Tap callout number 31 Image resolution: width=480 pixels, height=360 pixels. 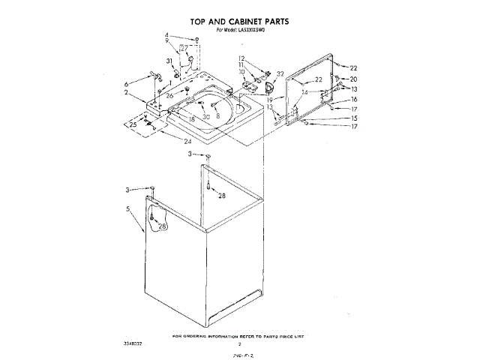tap(169, 61)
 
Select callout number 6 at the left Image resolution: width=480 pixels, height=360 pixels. tap(126, 83)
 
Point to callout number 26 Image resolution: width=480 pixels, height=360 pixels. tap(170, 95)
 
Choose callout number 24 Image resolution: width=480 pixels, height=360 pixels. tap(187, 141)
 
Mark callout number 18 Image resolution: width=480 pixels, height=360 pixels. tap(192, 119)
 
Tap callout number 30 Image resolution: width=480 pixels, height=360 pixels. tap(205, 116)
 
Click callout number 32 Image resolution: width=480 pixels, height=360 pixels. tap(280, 73)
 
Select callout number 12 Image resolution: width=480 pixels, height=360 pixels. tap(242, 58)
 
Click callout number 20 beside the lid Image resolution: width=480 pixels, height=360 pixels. tap(353, 79)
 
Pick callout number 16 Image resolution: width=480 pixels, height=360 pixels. tap(353, 99)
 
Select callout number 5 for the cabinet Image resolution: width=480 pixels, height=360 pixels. tap(128, 208)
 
